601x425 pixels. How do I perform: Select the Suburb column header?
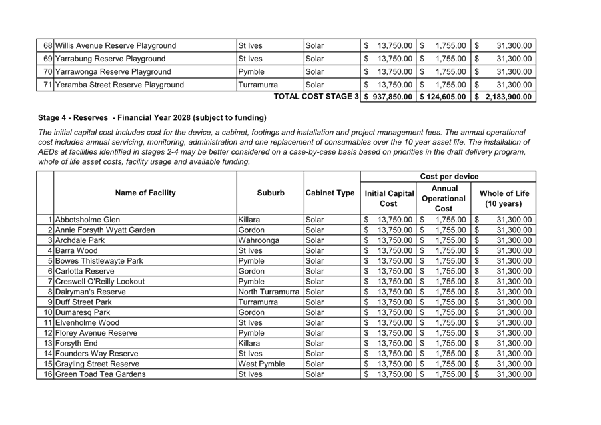(270, 193)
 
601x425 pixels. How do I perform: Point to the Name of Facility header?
(145, 193)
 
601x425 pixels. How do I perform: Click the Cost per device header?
(448, 177)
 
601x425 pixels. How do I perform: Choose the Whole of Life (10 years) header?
(504, 198)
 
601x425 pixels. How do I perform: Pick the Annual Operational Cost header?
(443, 198)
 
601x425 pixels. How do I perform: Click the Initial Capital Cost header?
(388, 198)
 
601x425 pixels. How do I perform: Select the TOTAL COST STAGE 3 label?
(316, 97)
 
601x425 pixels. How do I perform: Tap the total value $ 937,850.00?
(388, 97)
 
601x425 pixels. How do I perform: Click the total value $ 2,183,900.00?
(504, 97)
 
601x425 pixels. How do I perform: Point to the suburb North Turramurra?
(269, 292)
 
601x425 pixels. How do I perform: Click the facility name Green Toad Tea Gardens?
(100, 374)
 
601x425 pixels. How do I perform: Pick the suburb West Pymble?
(261, 364)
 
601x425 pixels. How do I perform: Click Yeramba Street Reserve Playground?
(119, 85)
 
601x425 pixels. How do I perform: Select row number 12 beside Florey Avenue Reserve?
(49, 333)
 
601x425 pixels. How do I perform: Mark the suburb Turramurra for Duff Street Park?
(258, 302)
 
